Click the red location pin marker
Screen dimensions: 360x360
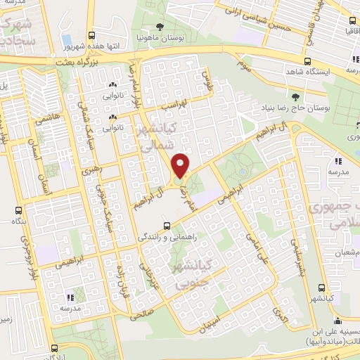coord(181,166)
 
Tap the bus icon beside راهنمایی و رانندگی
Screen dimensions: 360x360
coord(167,226)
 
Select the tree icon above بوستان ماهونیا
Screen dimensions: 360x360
coord(162,27)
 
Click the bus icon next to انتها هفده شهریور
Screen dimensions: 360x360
coord(92,34)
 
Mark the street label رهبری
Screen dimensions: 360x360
coord(91,169)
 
